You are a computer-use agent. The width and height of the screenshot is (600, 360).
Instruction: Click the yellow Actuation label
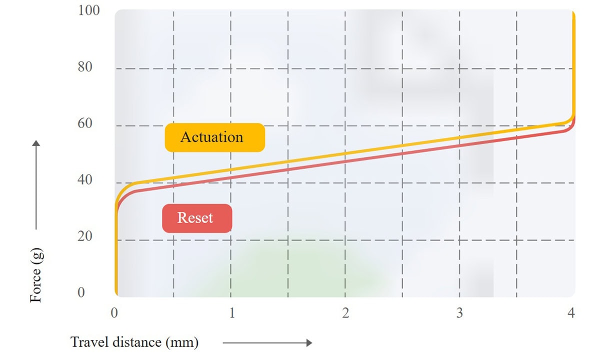coord(214,137)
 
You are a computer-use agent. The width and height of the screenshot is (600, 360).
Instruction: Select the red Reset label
coord(197,218)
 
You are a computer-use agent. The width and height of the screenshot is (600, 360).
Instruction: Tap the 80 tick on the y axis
coord(85,67)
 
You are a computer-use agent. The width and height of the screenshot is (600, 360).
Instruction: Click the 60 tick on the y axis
coord(85,123)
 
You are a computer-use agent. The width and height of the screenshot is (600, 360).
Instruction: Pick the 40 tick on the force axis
coord(85,180)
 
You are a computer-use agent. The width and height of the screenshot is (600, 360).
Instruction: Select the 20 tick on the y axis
coord(85,236)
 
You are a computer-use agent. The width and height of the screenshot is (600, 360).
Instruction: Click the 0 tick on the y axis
coord(81,292)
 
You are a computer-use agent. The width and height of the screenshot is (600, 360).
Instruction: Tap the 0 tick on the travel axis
coord(114,313)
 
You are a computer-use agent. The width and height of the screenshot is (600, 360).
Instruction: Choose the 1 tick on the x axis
coord(231,313)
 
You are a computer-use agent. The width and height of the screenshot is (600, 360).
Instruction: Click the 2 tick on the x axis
coord(345,313)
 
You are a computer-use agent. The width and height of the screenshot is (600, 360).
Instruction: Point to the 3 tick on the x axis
coord(459,313)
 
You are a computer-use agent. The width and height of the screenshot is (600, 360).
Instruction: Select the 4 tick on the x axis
coord(571,313)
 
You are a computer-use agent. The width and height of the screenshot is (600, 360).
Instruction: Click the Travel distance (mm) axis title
coord(134,342)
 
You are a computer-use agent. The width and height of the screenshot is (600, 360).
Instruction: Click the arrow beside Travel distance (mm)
coord(267,342)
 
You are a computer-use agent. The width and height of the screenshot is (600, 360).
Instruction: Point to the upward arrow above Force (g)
coord(36,185)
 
